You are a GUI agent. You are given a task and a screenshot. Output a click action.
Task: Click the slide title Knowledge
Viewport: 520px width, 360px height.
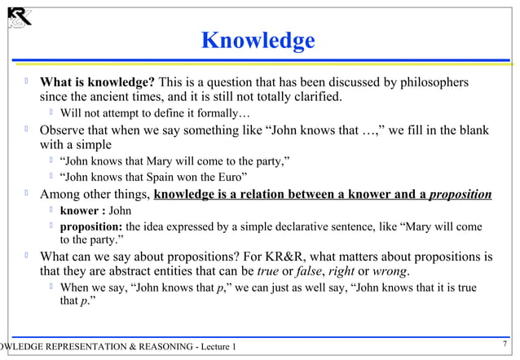[x=258, y=41]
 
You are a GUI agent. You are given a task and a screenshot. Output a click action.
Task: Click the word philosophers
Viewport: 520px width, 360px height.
[x=432, y=82]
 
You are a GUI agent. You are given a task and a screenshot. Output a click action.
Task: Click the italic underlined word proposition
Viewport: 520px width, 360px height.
[x=461, y=195]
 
